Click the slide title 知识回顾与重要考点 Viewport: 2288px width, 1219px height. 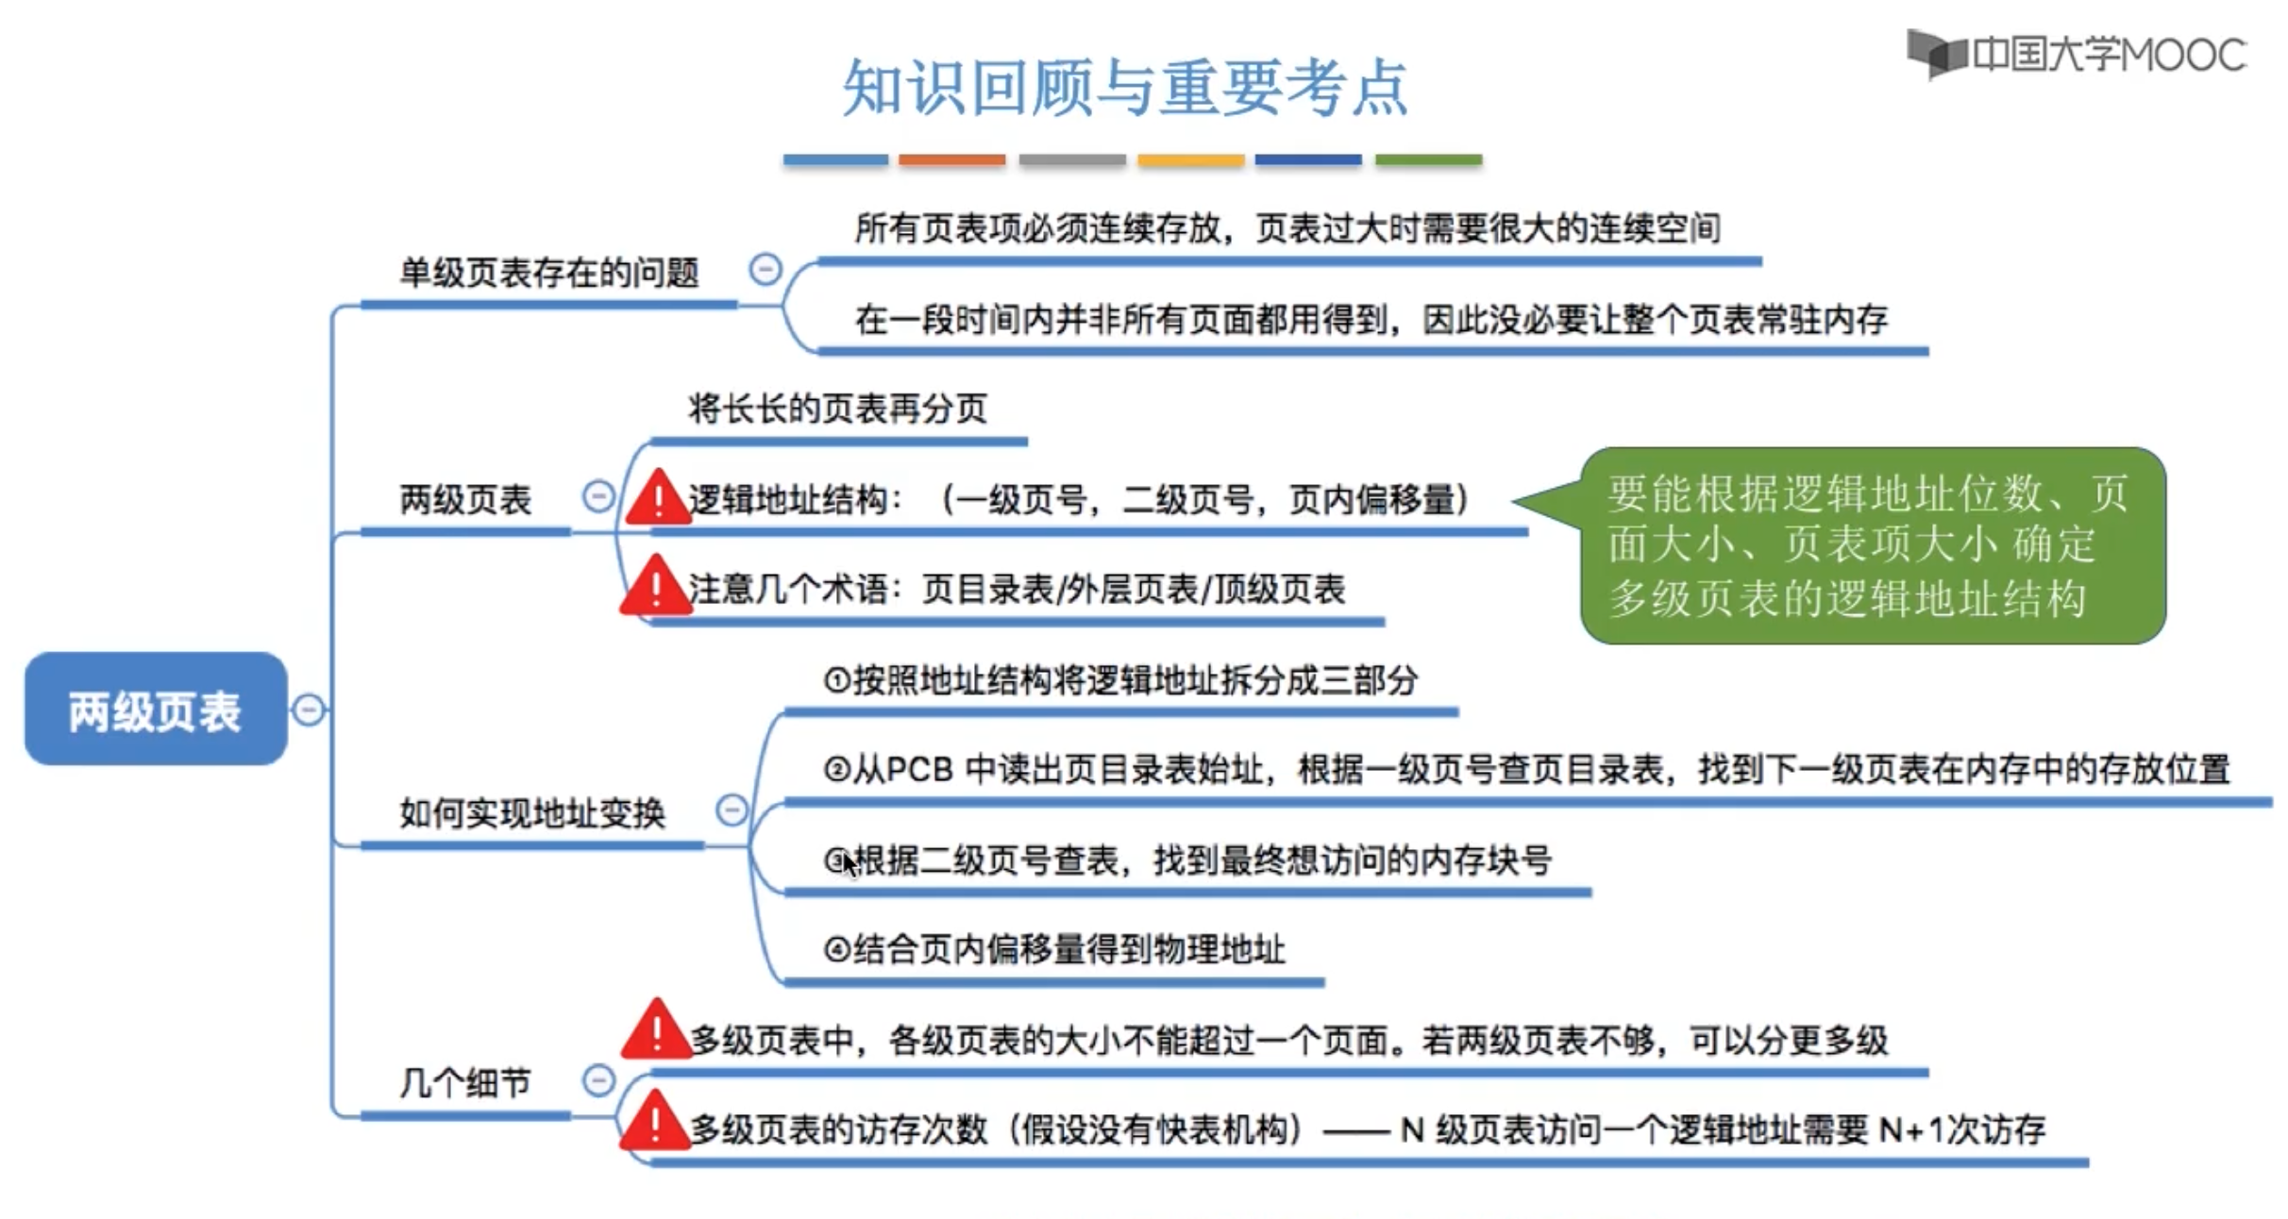coord(1125,88)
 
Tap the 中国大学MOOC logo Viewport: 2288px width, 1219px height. coord(2077,55)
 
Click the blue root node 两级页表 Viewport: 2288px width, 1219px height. coord(156,710)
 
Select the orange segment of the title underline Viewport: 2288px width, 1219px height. coord(951,160)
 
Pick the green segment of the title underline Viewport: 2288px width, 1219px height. coord(1428,160)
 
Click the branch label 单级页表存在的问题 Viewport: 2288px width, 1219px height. coord(549,274)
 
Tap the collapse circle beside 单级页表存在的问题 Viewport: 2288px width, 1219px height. coord(765,270)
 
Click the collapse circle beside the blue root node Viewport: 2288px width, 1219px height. coord(309,710)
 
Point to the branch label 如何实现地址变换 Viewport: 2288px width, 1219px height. coord(532,813)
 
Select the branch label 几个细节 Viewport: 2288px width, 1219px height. coord(465,1083)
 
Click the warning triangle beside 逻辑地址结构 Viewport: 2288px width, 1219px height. coord(657,498)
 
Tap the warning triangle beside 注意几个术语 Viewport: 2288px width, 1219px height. coord(655,588)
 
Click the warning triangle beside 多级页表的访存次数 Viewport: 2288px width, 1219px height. coord(654,1124)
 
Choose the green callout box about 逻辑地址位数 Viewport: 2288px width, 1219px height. coord(1873,545)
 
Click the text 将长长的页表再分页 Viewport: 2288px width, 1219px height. coord(837,409)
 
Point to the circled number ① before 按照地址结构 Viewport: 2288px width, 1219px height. coord(837,680)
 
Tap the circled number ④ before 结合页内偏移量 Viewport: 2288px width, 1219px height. coord(837,949)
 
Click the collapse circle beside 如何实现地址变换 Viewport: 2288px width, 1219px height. coord(732,810)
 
